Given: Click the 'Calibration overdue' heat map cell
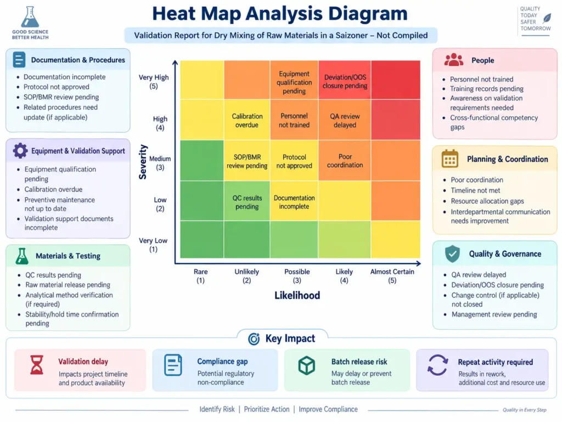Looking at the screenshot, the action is pos(247,120).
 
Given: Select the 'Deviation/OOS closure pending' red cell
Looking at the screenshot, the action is pos(345,80).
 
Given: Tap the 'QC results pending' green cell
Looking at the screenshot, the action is pos(247,201).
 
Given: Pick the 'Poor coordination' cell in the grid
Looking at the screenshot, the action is pos(345,160).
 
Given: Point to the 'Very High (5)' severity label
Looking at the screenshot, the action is pos(154,81).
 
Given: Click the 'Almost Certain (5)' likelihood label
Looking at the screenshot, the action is pos(392,276).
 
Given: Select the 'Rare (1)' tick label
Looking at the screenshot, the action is pos(200,276).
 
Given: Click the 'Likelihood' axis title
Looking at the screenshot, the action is pos(297,295).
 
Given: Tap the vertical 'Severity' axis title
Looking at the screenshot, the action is pos(143,162).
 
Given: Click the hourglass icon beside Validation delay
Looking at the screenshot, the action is pos(37,365).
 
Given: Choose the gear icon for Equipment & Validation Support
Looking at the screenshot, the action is pos(20,151).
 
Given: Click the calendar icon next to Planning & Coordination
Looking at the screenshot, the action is pos(450,159).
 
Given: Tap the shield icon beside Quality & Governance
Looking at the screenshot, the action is pos(452,254).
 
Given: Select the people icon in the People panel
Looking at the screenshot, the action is pos(454,60).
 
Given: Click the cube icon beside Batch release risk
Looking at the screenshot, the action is pos(307,365).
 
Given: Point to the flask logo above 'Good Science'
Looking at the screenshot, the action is pos(30,17).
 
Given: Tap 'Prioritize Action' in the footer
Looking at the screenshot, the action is pos(267,409).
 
